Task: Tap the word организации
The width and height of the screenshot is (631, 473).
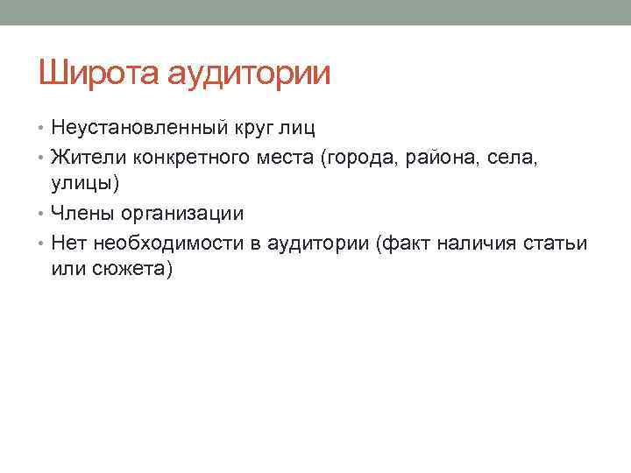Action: [185, 215]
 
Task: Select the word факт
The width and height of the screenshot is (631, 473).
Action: [401, 243]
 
